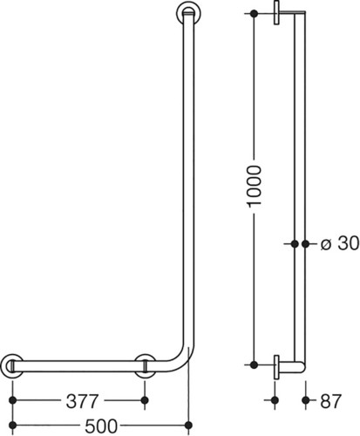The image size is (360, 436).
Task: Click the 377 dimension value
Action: pos(82,401)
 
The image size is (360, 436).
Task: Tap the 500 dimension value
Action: pos(101,426)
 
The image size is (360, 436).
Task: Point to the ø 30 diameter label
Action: pos(340,243)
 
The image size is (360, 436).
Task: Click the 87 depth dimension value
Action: pos(331,401)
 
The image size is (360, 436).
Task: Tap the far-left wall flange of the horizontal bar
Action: pos(12,366)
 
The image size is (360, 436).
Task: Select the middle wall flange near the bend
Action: pos(145,366)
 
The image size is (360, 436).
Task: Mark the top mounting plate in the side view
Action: pos(276,12)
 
